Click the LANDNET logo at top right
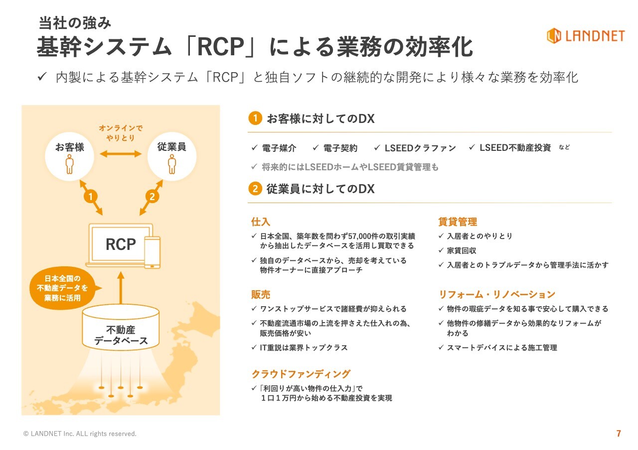pos(585,36)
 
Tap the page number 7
pos(619,434)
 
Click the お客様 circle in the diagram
pos(69,155)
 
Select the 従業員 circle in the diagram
pos(172,155)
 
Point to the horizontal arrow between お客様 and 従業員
pos(121,153)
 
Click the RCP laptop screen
pos(120,244)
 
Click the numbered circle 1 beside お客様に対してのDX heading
pos(255,118)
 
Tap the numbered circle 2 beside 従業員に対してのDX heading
pos(255,189)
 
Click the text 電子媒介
pos(279,148)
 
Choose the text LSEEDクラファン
pos(420,148)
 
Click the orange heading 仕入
pos(261,222)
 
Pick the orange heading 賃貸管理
pos(458,222)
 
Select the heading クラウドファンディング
pos(301,374)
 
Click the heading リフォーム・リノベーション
pos(496,294)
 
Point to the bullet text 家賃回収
pos(462,250)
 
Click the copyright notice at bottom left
pos(80,434)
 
